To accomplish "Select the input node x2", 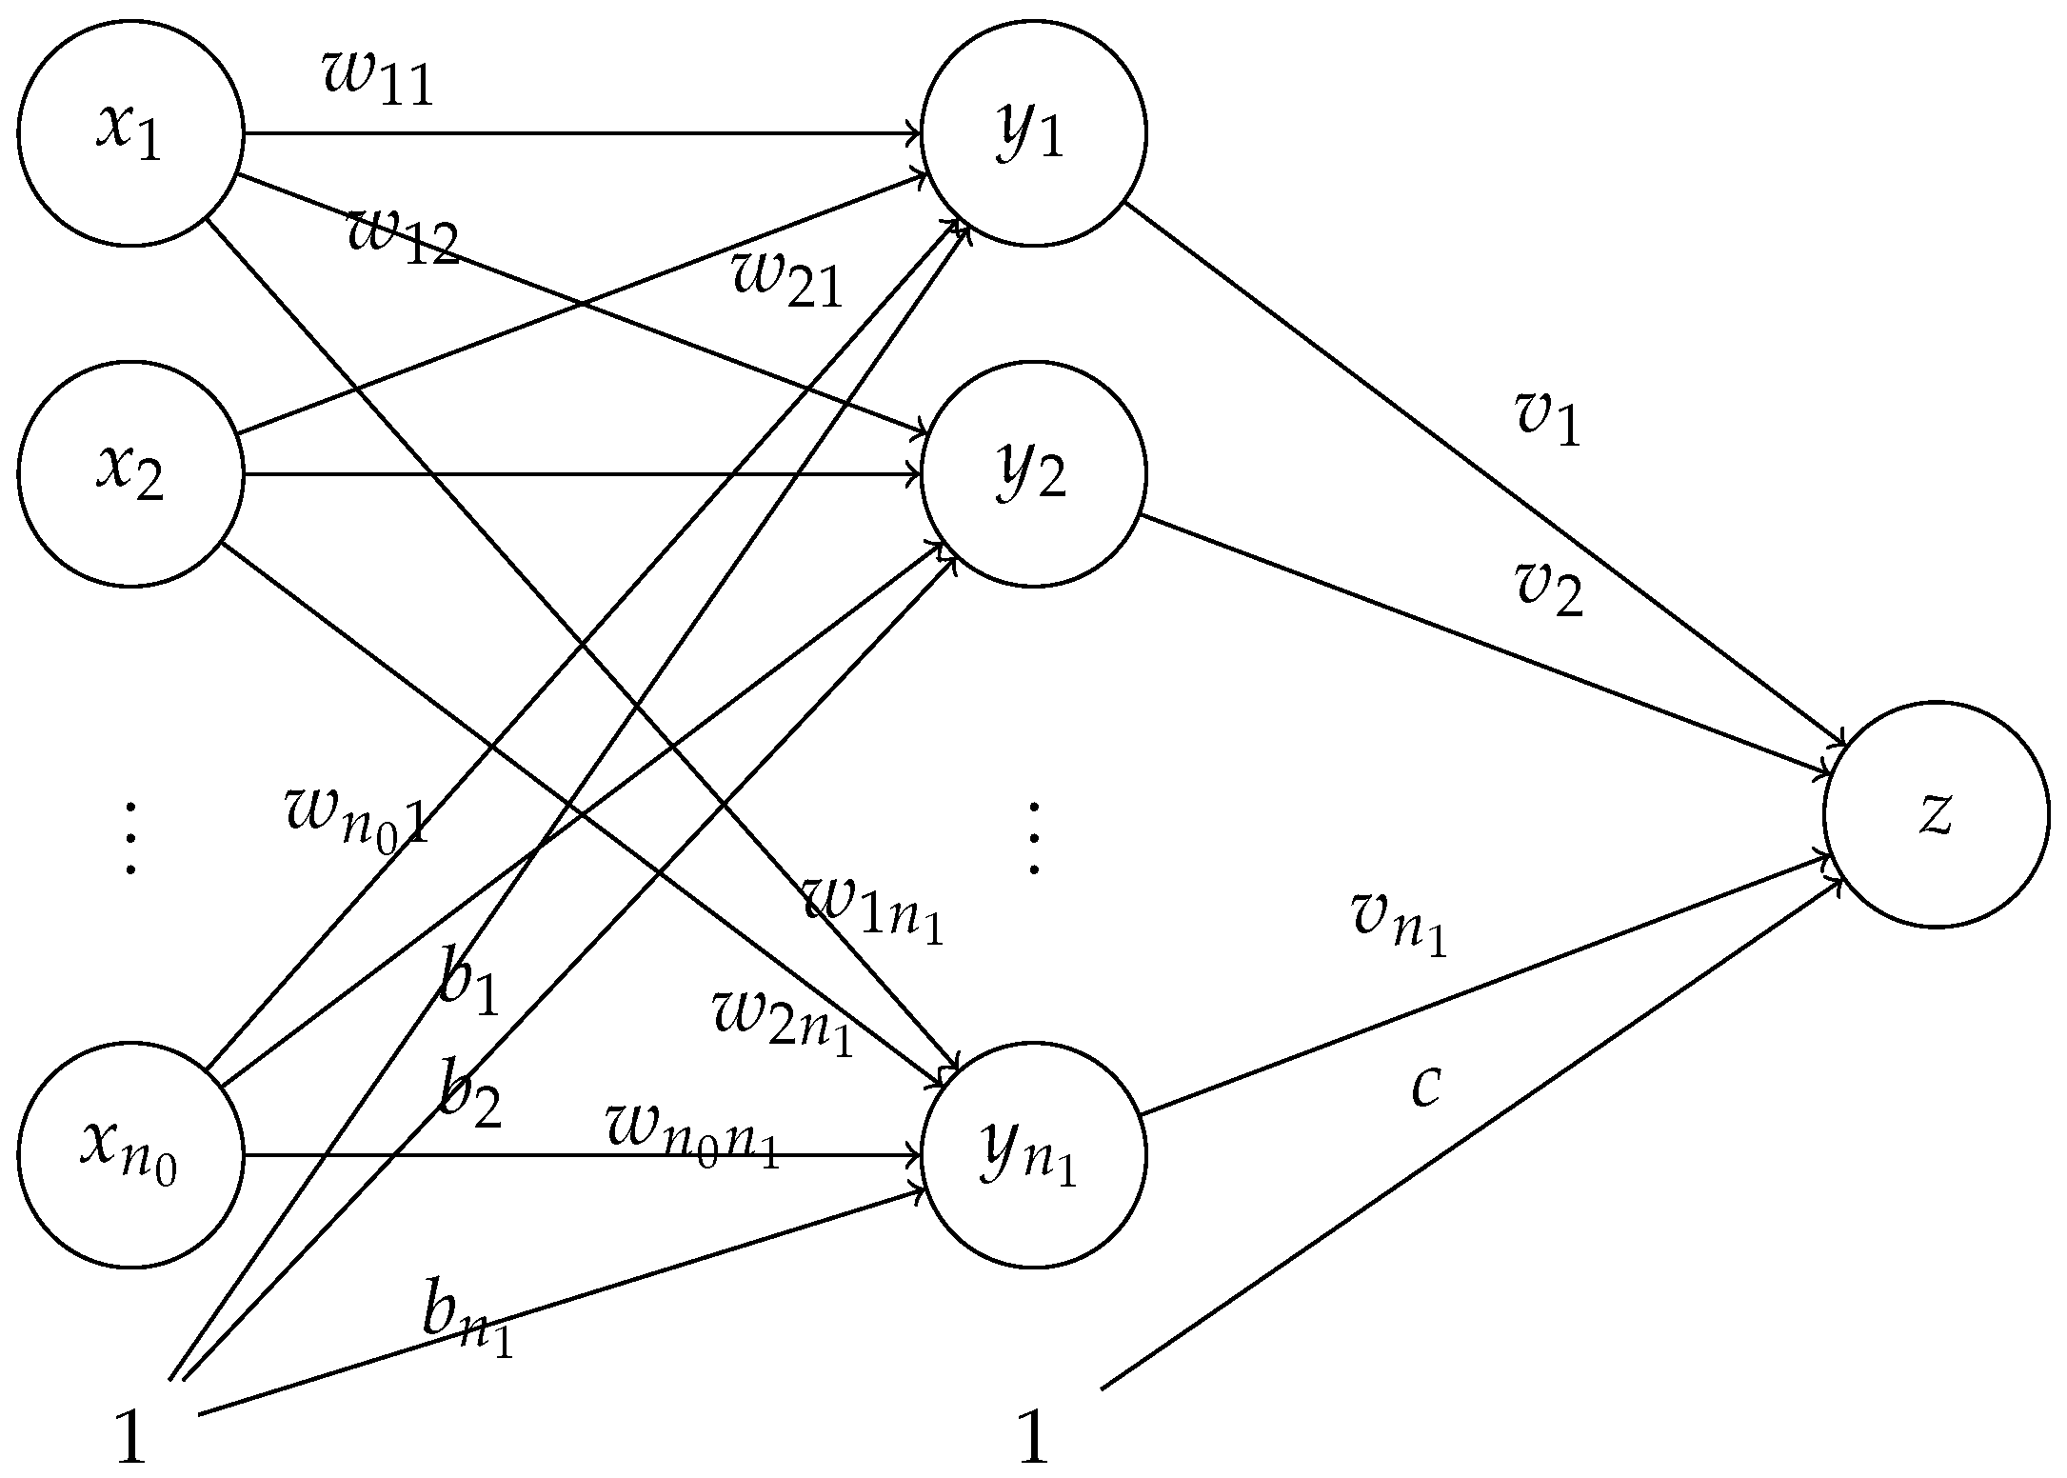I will point(130,473).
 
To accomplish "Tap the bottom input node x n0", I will point(130,1155).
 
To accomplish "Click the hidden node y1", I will point(1033,134).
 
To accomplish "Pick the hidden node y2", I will point(1033,473).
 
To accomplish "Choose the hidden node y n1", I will point(1033,1155).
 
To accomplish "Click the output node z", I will point(1936,814).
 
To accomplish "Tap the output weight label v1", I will point(1548,419).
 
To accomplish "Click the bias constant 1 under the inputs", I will point(129,1438).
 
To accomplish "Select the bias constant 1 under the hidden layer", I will point(1033,1438).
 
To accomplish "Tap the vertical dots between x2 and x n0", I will point(130,838).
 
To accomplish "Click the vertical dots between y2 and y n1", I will point(1033,838).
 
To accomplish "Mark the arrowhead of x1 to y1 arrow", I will point(914,134).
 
